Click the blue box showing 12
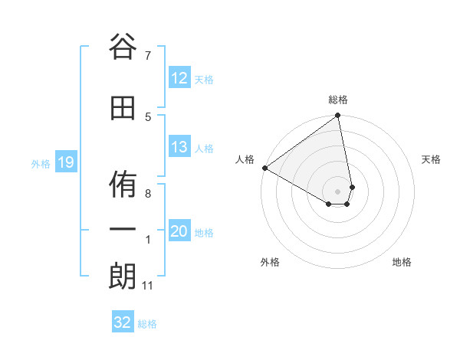point(179,78)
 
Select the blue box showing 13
point(179,147)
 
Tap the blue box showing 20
point(179,231)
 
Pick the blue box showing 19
point(65,162)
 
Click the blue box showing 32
point(123,322)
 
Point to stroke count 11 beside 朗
point(147,286)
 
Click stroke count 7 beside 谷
point(147,55)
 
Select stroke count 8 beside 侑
point(147,194)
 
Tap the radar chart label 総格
point(338,100)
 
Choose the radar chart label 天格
point(431,159)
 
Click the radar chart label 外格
point(270,262)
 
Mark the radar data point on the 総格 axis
point(338,116)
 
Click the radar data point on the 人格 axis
point(264,168)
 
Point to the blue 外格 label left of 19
point(40,163)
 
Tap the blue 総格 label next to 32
point(147,324)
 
